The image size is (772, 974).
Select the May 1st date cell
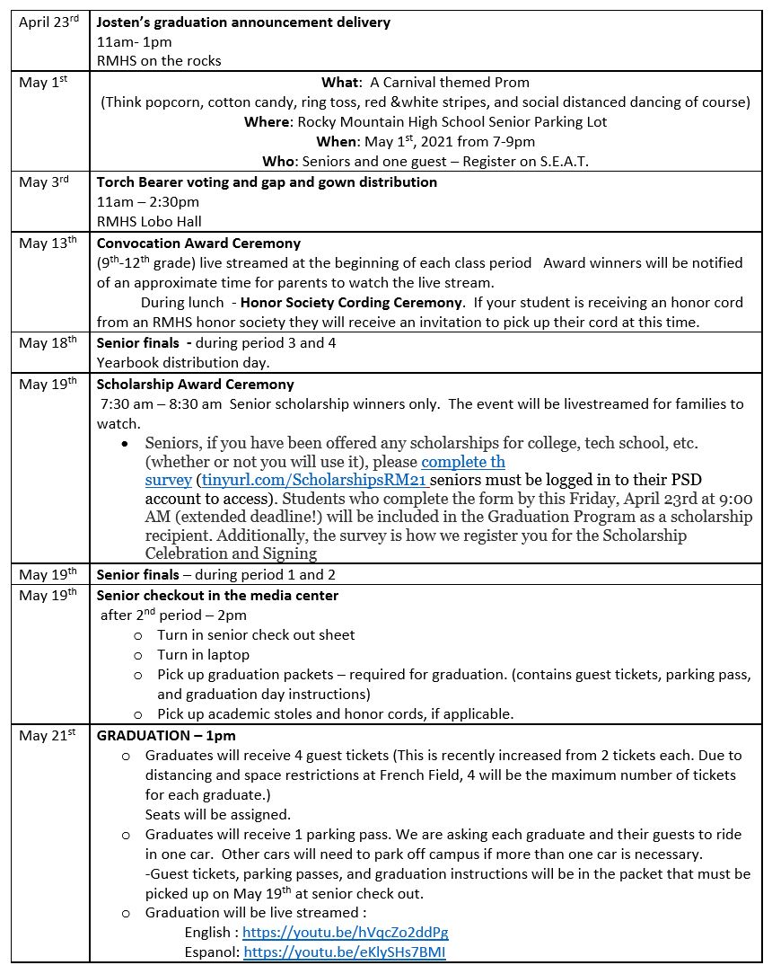pos(44,83)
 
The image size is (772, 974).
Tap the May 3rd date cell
pos(45,182)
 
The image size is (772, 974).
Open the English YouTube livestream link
pos(345,933)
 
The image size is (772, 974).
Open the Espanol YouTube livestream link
pos(345,952)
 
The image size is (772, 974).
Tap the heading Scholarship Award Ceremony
pos(195,385)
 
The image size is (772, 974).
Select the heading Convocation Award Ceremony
pos(198,243)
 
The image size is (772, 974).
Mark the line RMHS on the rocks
pos(159,61)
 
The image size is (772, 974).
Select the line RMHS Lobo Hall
pos(149,221)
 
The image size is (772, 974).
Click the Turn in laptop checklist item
pos(203,655)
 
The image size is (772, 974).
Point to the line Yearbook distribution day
pos(183,363)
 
